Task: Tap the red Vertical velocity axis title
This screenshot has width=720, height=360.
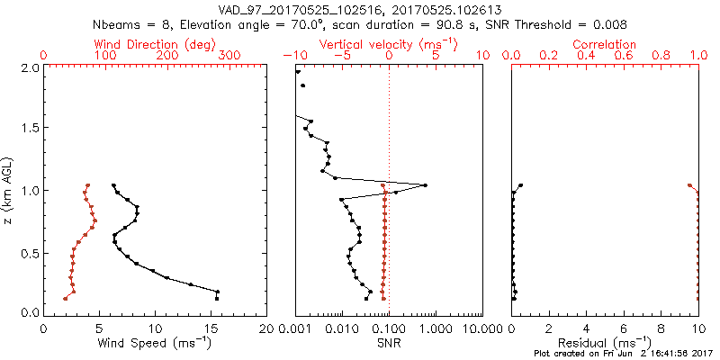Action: coord(389,44)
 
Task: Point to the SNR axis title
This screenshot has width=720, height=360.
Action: coord(389,343)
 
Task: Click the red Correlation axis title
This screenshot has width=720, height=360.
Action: coord(605,44)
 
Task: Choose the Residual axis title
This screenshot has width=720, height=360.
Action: coord(605,343)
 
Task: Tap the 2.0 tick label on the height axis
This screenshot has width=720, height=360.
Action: coord(29,67)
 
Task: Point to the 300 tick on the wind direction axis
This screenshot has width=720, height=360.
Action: coord(230,56)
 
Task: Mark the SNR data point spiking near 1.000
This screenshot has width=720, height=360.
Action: coord(425,185)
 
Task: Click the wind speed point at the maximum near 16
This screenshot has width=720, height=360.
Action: coord(217,292)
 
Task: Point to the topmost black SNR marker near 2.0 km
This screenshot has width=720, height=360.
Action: coord(298,71)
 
